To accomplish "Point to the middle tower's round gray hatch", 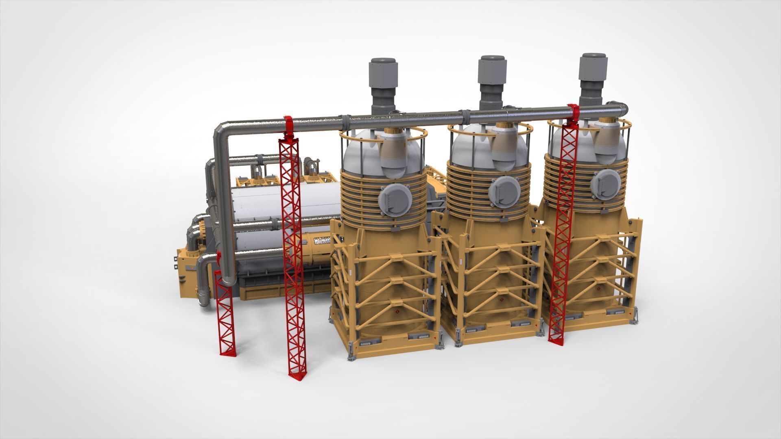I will (x=504, y=191).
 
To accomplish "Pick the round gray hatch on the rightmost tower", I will (x=605, y=184).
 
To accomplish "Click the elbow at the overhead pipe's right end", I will (x=620, y=109).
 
